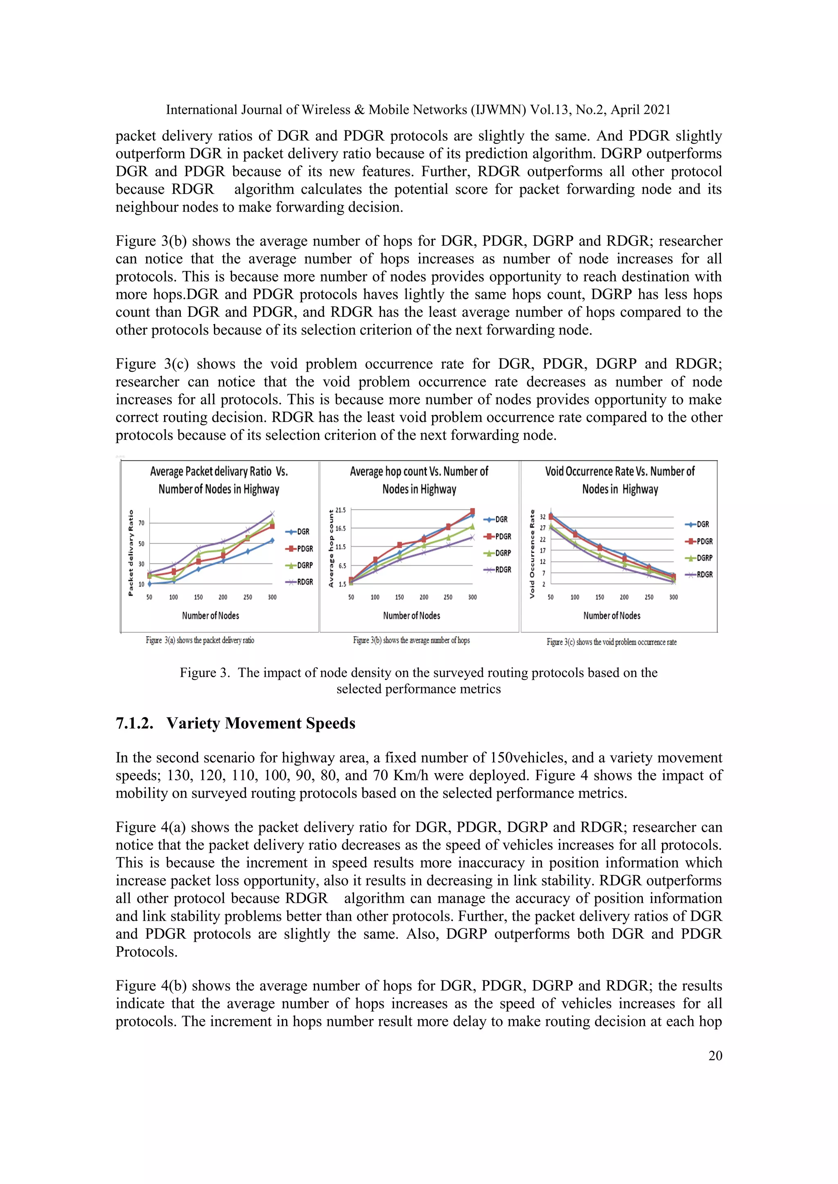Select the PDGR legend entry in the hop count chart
(x=498, y=537)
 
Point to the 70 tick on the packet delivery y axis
(x=141, y=523)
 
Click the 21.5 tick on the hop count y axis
(x=340, y=510)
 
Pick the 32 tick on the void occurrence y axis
(x=542, y=517)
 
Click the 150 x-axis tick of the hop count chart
(x=399, y=597)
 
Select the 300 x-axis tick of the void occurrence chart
(x=674, y=597)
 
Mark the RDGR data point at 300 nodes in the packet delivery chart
(x=273, y=514)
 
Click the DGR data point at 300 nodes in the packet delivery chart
(x=273, y=540)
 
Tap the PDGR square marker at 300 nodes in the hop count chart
(x=472, y=511)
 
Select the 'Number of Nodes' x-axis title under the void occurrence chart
(x=611, y=616)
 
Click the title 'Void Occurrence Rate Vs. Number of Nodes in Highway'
(x=620, y=480)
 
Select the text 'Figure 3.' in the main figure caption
(x=204, y=673)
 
